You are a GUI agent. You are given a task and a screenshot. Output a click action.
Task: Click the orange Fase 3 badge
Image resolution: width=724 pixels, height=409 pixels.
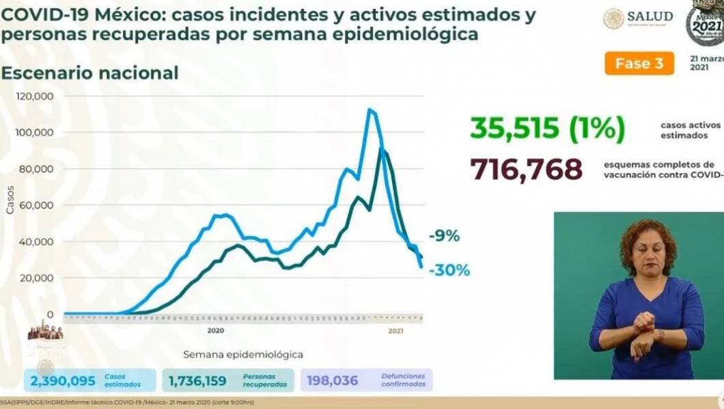(x=639, y=64)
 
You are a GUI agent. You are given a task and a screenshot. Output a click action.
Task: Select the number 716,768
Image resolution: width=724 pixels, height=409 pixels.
(x=525, y=168)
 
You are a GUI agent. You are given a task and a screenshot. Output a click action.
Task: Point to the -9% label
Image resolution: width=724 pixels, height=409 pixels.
(x=445, y=237)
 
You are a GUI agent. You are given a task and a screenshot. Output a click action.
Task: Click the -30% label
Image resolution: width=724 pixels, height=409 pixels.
(x=449, y=270)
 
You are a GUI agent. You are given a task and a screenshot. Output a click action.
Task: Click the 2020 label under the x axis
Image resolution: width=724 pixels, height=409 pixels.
(x=215, y=330)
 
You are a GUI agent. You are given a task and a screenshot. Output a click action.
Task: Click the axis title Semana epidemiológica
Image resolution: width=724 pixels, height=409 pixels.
(x=243, y=354)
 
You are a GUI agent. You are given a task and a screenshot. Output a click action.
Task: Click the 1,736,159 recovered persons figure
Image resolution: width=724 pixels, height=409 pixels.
(x=201, y=380)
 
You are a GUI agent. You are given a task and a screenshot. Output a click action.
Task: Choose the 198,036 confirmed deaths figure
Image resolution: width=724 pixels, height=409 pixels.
(x=333, y=380)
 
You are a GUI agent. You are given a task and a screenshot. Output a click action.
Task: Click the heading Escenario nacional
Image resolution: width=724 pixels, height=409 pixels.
(x=90, y=73)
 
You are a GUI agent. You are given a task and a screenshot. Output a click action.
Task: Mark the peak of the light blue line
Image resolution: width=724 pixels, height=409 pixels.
(x=370, y=109)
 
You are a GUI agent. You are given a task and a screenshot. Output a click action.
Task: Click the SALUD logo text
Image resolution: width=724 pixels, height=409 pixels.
(x=650, y=16)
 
